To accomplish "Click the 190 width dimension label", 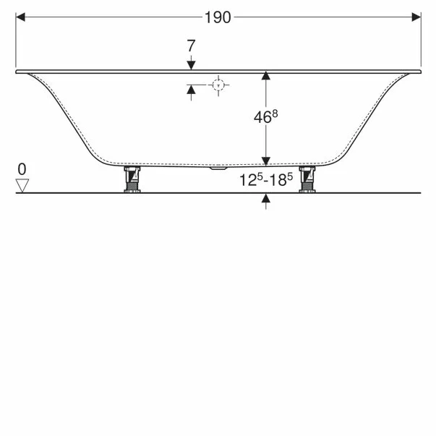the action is (x=218, y=17).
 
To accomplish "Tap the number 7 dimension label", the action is (x=191, y=46).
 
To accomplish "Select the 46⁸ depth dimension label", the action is (x=265, y=116).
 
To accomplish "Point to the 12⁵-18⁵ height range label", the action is (x=266, y=179).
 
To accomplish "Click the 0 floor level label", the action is (x=22, y=169).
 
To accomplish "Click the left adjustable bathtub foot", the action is (x=132, y=179).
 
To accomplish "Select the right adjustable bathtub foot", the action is (x=307, y=179).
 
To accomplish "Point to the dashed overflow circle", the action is (x=218, y=85).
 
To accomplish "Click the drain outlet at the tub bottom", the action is (x=218, y=168).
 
